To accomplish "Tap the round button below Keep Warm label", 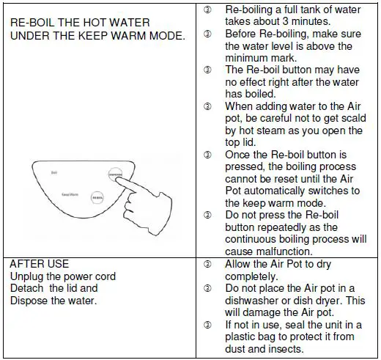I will tap(96, 197).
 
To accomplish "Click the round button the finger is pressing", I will tap(114, 175).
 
